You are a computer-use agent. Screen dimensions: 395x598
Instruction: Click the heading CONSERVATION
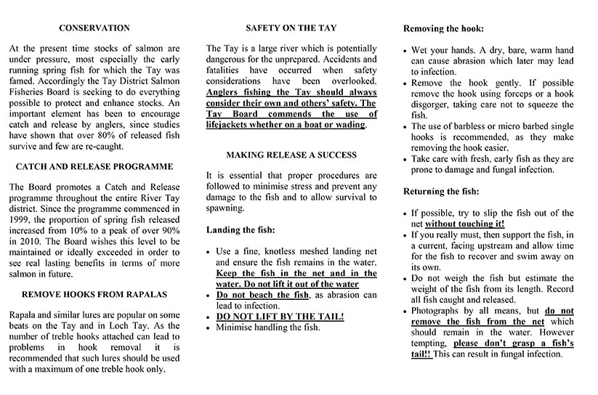(x=94, y=28)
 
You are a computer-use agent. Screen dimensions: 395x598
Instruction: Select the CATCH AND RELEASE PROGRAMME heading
(x=94, y=166)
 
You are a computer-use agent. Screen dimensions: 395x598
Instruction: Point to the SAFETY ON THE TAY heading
(x=291, y=28)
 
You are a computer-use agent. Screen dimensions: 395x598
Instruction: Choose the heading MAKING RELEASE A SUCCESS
(x=291, y=155)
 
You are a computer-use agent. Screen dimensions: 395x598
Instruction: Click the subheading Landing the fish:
(x=241, y=229)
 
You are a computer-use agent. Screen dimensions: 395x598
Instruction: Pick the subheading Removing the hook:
(x=443, y=29)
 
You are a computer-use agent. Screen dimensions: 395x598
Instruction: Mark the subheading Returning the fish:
(x=441, y=192)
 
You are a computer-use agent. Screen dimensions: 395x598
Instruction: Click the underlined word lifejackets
(x=232, y=125)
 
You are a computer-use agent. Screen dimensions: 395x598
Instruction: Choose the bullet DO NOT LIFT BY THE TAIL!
(x=280, y=317)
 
